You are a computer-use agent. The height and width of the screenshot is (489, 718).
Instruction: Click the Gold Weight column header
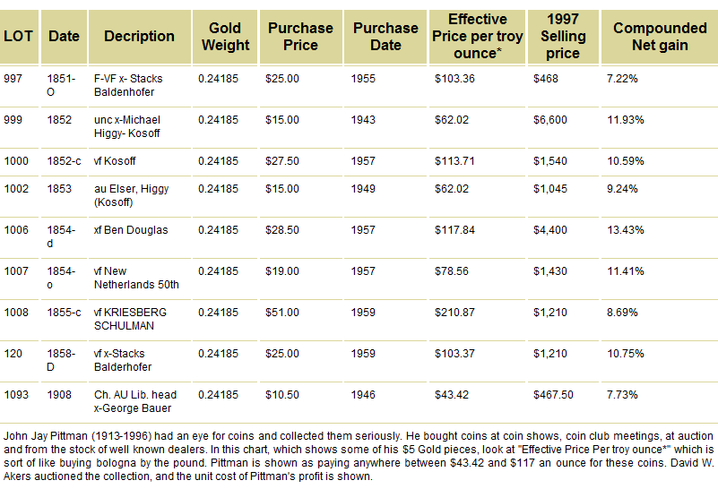[226, 36]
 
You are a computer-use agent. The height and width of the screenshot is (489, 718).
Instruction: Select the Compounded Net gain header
[660, 36]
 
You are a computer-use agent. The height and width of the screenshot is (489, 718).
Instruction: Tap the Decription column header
[139, 36]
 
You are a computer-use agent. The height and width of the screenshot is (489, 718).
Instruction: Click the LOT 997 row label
[14, 79]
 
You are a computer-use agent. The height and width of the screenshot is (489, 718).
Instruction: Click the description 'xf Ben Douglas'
[131, 230]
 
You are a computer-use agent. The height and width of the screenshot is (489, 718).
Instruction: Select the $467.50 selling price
[559, 394]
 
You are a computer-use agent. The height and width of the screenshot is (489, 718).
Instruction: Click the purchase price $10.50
[283, 394]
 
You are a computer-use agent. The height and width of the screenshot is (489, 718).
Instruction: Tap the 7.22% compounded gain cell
[621, 79]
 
